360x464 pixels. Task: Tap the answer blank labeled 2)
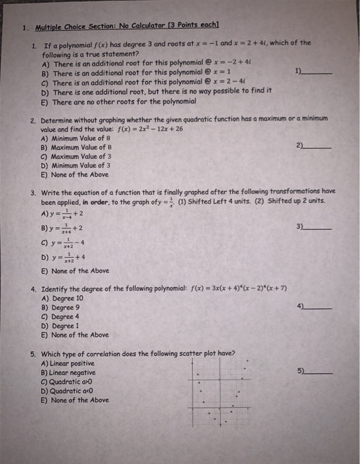coord(318,146)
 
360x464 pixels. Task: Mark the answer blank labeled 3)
coord(318,228)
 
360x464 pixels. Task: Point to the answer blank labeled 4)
coord(318,308)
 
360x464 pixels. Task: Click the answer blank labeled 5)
coord(318,374)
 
